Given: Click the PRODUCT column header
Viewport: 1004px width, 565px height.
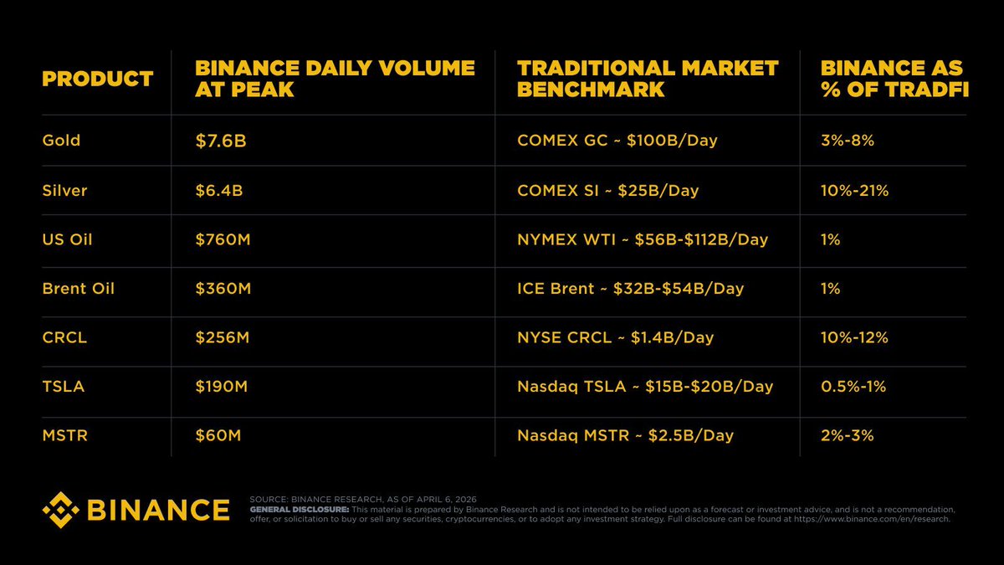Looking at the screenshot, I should (97, 80).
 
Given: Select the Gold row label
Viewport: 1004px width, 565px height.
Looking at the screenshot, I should (61, 141).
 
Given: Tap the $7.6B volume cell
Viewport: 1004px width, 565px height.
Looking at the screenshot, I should (220, 141).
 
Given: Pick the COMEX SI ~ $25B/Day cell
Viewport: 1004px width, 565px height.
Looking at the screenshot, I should (607, 191).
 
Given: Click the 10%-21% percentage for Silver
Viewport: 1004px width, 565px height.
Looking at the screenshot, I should (855, 191).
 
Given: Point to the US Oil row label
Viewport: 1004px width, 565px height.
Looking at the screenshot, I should (67, 239).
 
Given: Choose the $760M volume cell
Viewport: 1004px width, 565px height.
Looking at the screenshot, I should (223, 240).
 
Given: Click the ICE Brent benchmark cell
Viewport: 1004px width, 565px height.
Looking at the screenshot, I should (630, 289).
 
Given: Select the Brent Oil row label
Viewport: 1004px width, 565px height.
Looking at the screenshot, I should (78, 289).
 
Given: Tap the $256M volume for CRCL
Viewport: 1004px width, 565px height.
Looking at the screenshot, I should (223, 338).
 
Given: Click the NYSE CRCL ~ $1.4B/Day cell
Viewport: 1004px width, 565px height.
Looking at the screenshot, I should (615, 338).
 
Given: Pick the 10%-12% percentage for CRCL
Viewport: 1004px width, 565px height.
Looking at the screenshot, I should (854, 338).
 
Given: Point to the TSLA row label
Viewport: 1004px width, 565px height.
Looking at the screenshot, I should (63, 387).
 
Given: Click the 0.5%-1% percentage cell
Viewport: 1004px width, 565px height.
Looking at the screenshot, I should (853, 387).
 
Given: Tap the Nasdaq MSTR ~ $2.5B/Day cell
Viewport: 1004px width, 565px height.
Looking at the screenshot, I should (625, 436).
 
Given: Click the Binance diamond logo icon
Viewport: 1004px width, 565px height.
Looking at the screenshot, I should (60, 510).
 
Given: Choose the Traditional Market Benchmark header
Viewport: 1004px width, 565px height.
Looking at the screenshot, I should (648, 79).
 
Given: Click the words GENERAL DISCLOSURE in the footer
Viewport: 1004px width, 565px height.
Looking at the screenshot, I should (299, 509).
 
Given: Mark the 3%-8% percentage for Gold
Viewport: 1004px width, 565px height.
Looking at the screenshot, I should (848, 141).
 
